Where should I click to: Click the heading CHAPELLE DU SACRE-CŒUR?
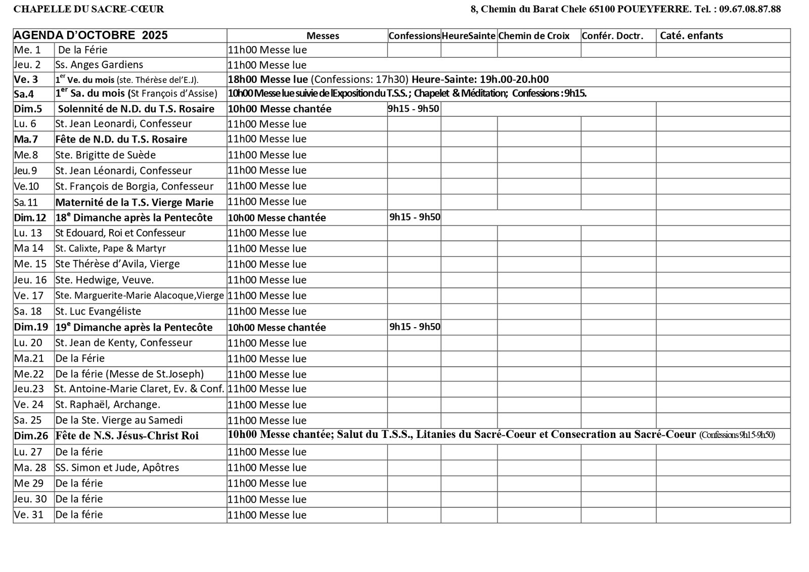point(88,9)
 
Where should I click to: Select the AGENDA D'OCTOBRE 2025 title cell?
point(91,35)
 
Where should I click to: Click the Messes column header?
point(323,36)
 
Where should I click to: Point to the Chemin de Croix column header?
point(534,36)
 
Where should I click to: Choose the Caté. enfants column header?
point(691,36)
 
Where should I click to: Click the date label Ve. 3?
point(26,79)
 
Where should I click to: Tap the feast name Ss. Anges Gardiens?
point(99,65)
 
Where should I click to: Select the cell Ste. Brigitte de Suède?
point(105,155)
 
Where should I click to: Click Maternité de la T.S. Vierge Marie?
point(134,202)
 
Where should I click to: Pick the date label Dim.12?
point(30,217)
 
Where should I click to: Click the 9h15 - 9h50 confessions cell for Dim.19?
point(415,327)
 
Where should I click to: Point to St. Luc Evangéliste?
point(98,311)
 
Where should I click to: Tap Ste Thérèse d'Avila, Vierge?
point(117,264)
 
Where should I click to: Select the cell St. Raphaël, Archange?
point(108,405)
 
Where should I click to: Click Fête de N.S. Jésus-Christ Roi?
point(127,435)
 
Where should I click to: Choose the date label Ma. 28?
point(30,467)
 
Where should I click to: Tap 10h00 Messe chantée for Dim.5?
point(280,109)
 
